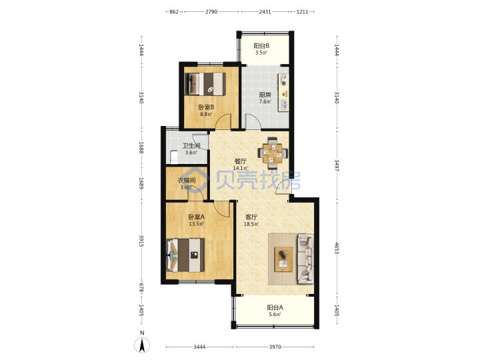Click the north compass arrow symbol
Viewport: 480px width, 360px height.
(142, 345)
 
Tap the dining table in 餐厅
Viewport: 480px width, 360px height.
(273, 153)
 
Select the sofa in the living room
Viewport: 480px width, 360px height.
(305, 259)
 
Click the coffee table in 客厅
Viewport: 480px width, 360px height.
(283, 259)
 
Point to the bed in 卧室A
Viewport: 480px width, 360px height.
(185, 255)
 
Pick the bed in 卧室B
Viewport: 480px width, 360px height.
(205, 84)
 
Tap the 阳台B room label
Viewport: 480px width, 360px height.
(261, 46)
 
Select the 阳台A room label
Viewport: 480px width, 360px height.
(275, 307)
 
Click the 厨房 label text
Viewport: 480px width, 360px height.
(265, 95)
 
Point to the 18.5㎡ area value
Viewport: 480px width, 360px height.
(251, 224)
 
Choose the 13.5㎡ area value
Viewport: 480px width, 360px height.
(196, 224)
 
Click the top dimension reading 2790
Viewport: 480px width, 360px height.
(211, 11)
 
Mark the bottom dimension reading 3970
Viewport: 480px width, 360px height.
(275, 347)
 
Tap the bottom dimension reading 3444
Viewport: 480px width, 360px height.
(199, 347)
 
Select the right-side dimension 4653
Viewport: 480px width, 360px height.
(337, 248)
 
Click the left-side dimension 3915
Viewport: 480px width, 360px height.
(141, 241)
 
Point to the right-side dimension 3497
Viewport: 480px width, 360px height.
(337, 165)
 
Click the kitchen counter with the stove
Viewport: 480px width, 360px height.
(284, 92)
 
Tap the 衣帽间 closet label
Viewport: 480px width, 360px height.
(187, 181)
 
